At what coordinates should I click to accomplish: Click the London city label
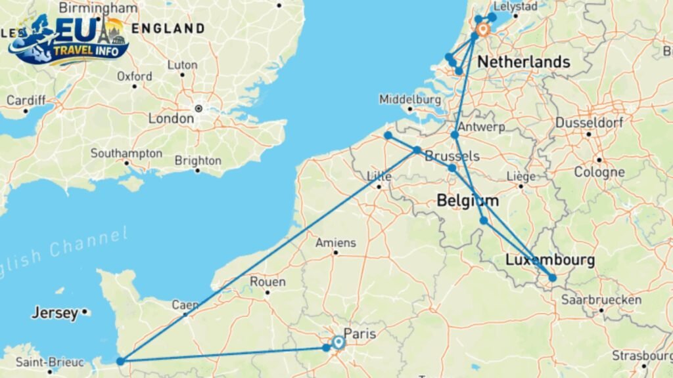coord(171,119)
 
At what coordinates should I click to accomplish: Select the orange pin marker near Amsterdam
coord(483,30)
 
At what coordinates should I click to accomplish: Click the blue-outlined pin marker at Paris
coord(338,343)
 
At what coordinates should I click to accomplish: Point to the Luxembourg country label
coord(550,261)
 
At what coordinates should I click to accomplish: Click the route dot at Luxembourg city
coord(553,278)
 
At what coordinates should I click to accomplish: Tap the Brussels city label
coord(452,156)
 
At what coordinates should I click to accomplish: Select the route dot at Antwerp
coord(455,135)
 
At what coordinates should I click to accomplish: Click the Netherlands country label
coord(523,62)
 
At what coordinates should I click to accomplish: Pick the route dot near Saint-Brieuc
coord(120,361)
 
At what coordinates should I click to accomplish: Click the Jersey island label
coord(55,313)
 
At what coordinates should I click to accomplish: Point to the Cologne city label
coord(599,173)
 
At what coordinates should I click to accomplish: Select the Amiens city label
coord(336,242)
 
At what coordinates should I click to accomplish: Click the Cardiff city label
coord(26,100)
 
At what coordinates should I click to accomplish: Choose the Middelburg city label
coord(409,99)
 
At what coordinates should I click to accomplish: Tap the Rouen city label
coord(267,282)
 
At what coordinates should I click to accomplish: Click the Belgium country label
coord(467,201)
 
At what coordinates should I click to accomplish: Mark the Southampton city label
coord(126,154)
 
